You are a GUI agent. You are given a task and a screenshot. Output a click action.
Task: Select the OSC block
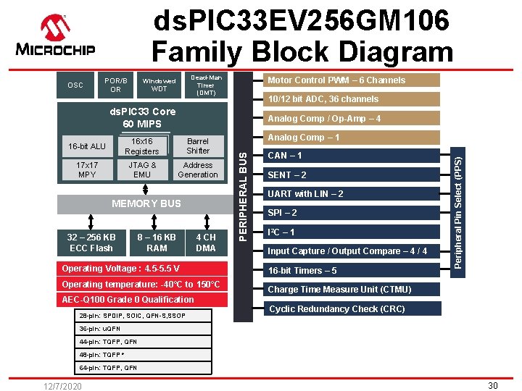click(75, 85)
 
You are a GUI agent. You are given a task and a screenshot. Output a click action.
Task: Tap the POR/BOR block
click(115, 85)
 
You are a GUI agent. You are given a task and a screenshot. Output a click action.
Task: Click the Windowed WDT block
click(159, 85)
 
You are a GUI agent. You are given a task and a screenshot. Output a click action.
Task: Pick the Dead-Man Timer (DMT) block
click(206, 85)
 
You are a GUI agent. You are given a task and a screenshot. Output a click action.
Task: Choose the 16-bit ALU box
click(87, 146)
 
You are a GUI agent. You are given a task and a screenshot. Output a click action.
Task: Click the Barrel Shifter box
click(198, 146)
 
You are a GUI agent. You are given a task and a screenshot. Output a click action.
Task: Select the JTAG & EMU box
click(142, 170)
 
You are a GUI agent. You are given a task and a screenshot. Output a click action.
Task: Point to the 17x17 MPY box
click(87, 170)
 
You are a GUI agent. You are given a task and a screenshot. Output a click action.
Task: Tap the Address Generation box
click(198, 170)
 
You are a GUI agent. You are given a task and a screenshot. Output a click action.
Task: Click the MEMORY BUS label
click(146, 203)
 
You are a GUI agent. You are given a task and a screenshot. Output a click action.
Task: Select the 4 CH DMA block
click(206, 243)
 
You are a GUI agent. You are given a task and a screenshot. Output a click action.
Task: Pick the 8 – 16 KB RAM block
click(157, 243)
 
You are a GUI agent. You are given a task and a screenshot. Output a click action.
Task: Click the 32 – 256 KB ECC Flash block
click(91, 243)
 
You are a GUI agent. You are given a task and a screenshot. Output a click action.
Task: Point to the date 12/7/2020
click(61, 386)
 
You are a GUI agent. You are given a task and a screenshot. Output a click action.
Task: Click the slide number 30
click(492, 385)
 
